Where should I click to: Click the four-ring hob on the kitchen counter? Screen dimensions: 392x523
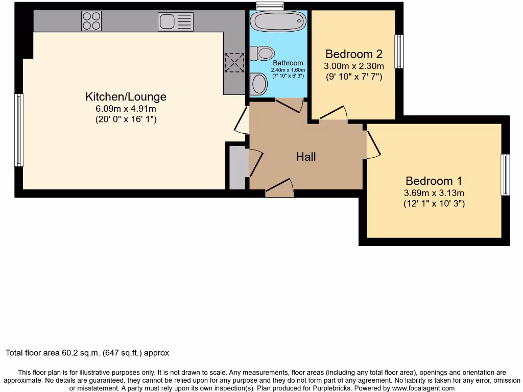[91, 21]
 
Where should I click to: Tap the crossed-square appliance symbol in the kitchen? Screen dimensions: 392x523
[234, 63]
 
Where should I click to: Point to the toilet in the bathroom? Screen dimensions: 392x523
[263, 53]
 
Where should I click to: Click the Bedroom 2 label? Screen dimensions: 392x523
[354, 54]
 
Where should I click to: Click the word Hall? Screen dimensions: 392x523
[306, 157]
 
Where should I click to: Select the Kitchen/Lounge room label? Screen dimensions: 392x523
[126, 96]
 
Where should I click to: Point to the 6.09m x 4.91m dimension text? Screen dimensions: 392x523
[126, 108]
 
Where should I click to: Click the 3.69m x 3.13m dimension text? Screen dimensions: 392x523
[434, 193]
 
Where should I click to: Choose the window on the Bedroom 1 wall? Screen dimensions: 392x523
[505, 175]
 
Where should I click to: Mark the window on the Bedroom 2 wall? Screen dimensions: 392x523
[399, 52]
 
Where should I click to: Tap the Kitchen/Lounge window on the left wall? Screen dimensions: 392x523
[19, 130]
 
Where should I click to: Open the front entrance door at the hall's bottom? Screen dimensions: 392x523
[279, 189]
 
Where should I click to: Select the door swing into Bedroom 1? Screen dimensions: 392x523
[373, 144]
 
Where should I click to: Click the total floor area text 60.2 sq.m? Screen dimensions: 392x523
[87, 353]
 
